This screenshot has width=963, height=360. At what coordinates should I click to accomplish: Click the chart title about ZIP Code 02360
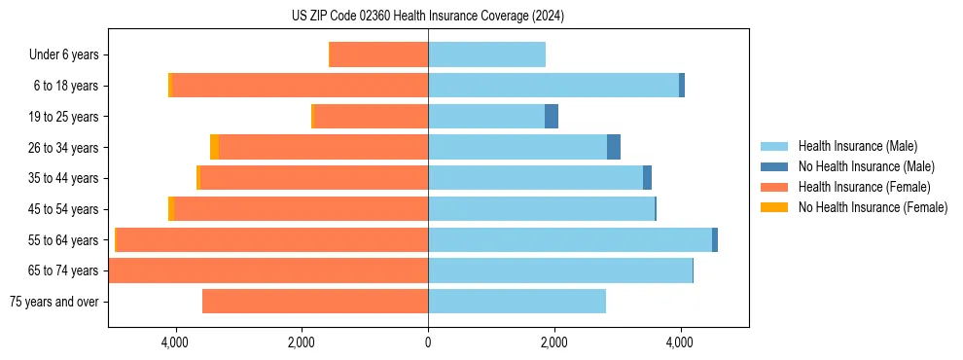428,17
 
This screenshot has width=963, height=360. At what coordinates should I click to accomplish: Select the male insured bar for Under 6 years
486,54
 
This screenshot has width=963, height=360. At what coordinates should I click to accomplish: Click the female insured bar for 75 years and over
315,302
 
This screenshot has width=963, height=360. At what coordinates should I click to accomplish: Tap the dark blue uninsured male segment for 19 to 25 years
552,117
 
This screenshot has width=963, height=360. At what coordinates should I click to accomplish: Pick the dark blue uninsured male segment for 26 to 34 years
614,147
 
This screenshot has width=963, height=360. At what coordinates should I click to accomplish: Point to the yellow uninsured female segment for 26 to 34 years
214,147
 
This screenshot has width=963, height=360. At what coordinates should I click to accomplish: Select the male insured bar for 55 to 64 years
570,239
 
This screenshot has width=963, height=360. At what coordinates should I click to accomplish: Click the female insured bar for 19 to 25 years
372,117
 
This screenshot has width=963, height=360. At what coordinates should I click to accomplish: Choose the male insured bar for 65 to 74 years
560,270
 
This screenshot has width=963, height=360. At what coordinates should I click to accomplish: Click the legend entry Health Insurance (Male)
857,146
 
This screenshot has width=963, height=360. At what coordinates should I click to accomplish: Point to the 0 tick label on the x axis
428,342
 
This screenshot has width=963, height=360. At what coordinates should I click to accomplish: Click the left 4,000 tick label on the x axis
175,342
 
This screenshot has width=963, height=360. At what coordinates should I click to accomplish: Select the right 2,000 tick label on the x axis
553,342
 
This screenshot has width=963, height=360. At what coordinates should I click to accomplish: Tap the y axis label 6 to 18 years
65,86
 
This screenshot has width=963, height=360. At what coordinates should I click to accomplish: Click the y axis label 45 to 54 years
62,209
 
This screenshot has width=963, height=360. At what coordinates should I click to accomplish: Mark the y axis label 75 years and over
53,302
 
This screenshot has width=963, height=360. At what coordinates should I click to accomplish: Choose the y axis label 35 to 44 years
62,178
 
